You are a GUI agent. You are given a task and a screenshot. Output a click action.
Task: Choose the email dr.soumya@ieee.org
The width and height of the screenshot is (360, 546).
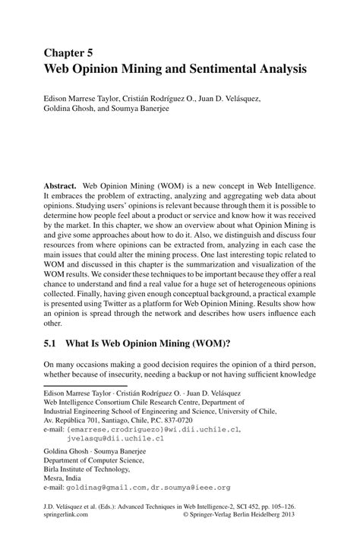pos(191,488)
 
